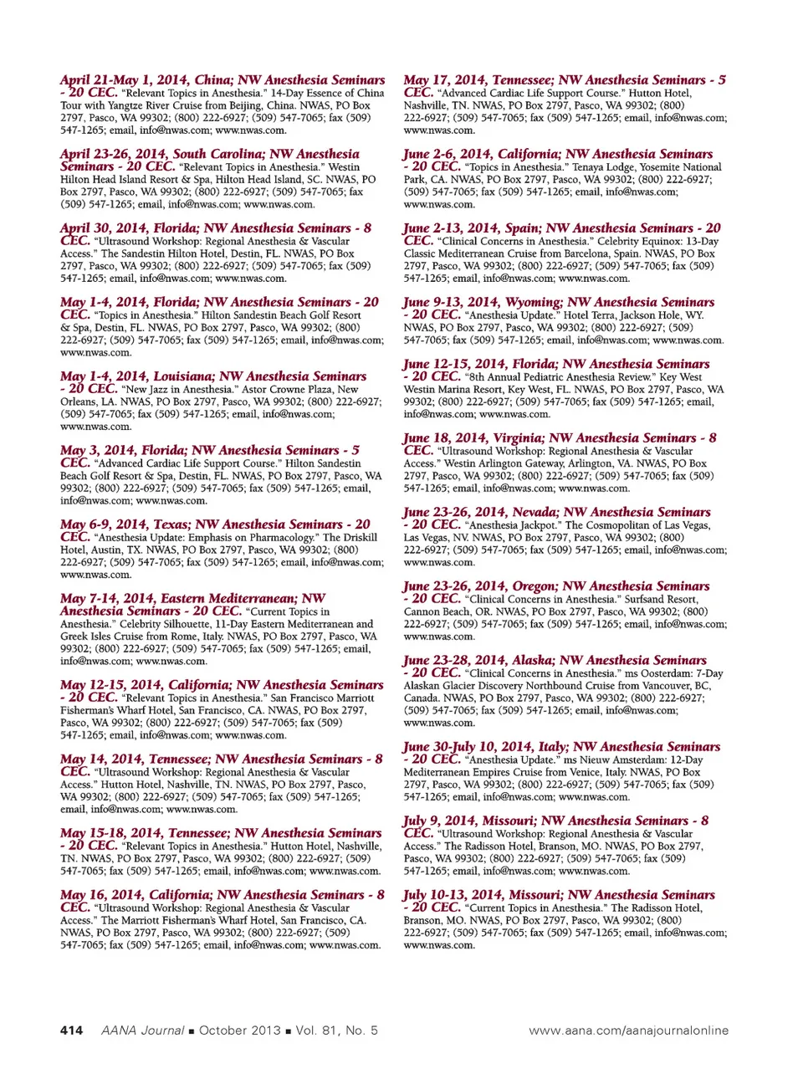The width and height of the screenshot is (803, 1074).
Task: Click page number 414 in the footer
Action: [x=71, y=1031]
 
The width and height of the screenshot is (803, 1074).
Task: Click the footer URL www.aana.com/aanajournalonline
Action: [x=628, y=1031]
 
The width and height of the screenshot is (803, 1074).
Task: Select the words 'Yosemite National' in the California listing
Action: [x=678, y=166]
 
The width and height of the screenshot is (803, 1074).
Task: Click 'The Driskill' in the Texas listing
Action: [x=350, y=537]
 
